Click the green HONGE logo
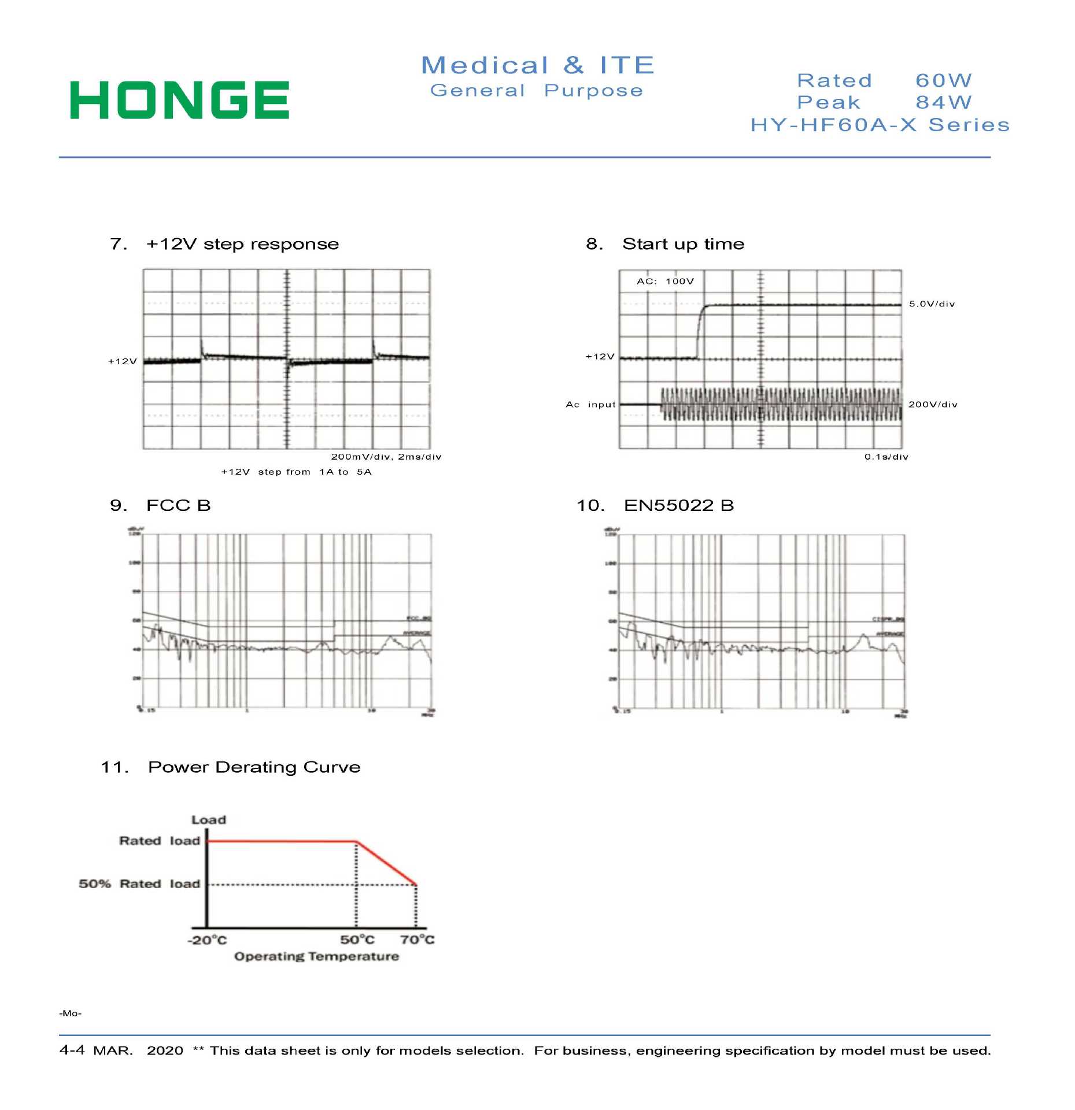pyautogui.click(x=179, y=100)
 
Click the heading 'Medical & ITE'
pyautogui.click(x=538, y=65)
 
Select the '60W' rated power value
pyautogui.click(x=943, y=80)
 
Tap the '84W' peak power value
pyautogui.click(x=943, y=102)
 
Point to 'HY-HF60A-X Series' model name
pyautogui.click(x=880, y=125)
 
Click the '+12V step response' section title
pyautogui.click(x=242, y=244)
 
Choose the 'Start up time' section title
pyautogui.click(x=683, y=244)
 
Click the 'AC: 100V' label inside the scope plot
pyautogui.click(x=665, y=282)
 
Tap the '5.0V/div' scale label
pyautogui.click(x=932, y=304)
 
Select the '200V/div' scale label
pyautogui.click(x=933, y=405)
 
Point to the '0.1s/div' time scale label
pyautogui.click(x=886, y=457)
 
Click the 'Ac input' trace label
pyautogui.click(x=590, y=405)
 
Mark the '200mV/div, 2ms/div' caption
pyautogui.click(x=386, y=457)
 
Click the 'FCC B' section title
pyautogui.click(x=178, y=506)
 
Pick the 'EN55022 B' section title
pyautogui.click(x=678, y=506)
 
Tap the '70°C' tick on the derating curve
pyautogui.click(x=417, y=940)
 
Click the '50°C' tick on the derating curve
pyautogui.click(x=357, y=940)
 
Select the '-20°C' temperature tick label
pyautogui.click(x=207, y=940)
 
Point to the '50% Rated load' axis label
pyautogui.click(x=139, y=884)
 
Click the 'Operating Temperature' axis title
pyautogui.click(x=316, y=957)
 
